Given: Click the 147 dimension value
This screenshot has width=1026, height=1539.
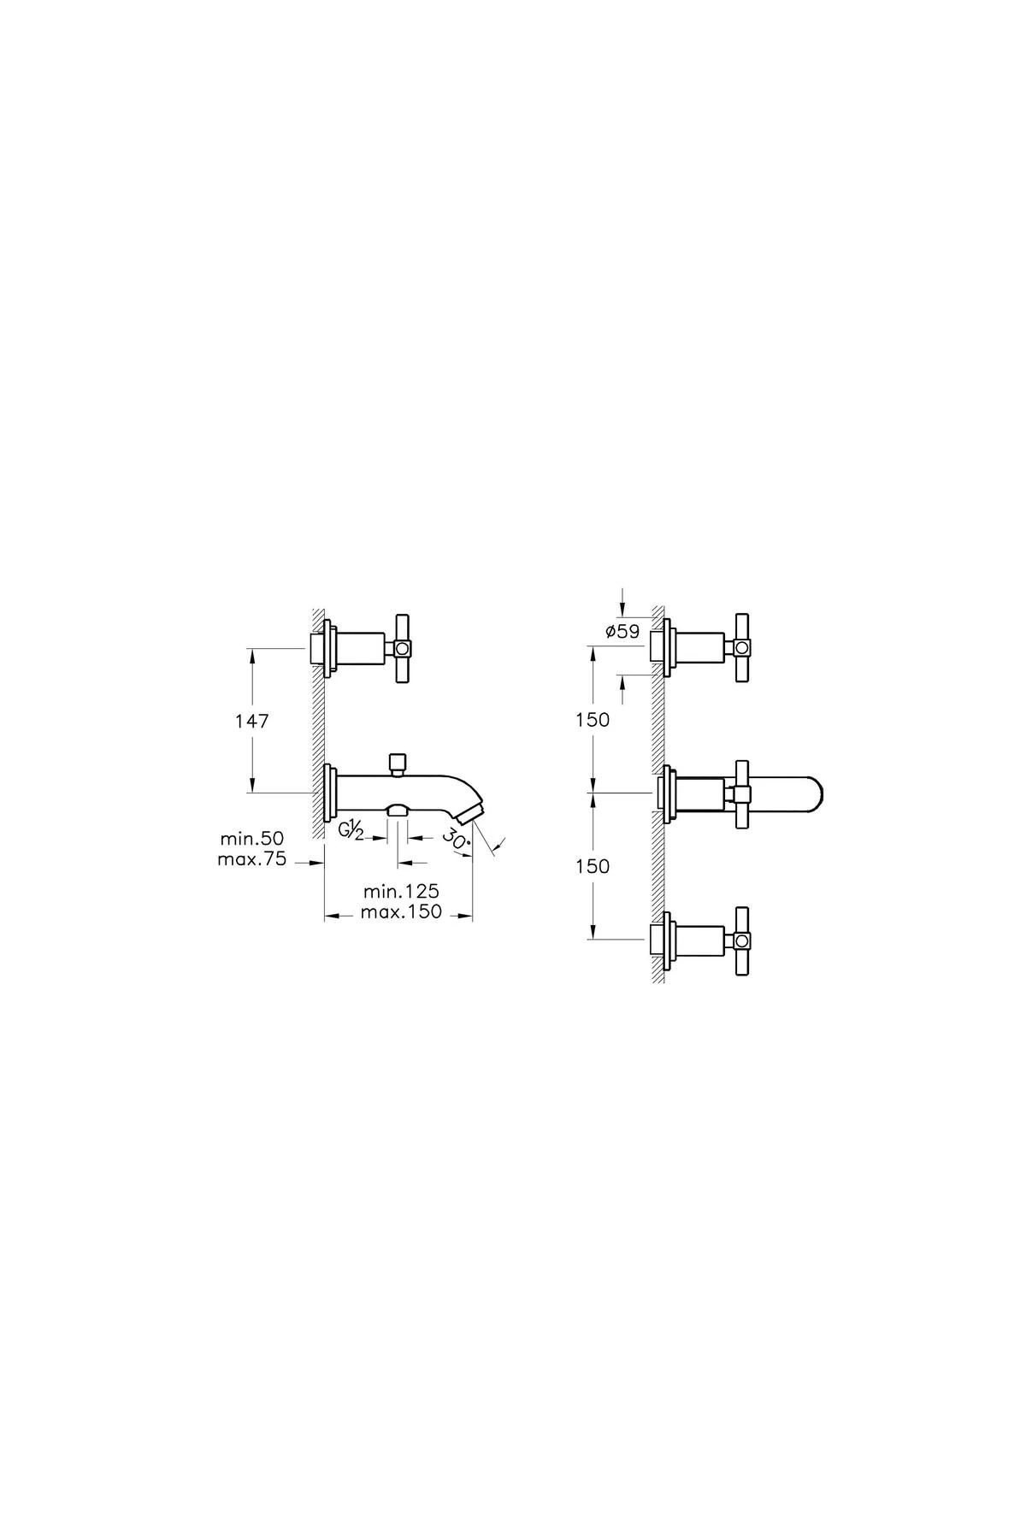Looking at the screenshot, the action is click(x=252, y=721).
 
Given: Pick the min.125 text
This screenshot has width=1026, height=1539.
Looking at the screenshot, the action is click(x=399, y=892).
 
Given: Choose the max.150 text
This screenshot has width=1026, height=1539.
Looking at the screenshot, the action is click(x=401, y=912).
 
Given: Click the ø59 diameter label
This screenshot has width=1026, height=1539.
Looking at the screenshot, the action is click(x=622, y=632).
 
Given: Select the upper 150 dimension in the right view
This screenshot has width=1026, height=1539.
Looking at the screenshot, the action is click(x=593, y=720).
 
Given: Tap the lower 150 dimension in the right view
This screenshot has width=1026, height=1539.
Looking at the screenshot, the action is click(x=593, y=866).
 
